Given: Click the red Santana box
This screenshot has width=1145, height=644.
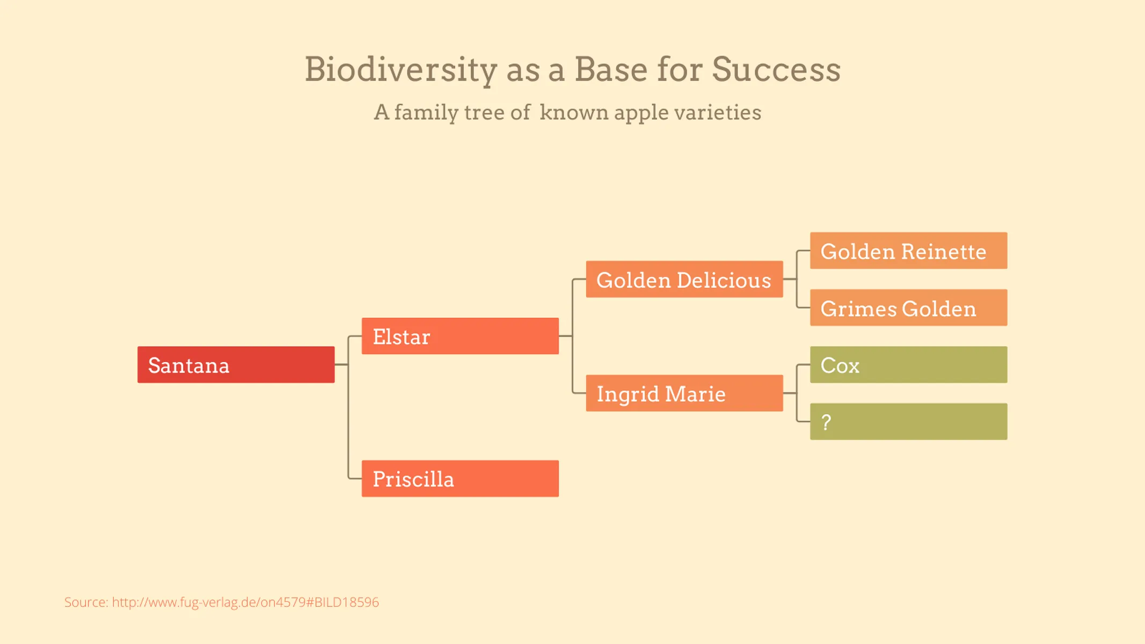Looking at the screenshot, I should point(236,364).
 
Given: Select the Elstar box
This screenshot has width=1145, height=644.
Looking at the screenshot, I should point(460,336).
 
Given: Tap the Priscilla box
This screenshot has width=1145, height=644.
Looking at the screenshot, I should point(460,478).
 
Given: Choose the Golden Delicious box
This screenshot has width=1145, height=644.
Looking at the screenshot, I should point(684,279).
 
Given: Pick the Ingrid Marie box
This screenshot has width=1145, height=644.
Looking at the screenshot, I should point(684,393).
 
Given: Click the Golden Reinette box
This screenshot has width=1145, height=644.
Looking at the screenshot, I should point(908,251).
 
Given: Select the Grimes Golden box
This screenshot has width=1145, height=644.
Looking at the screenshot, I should point(908,308).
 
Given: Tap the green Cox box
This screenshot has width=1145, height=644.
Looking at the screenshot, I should point(908,364).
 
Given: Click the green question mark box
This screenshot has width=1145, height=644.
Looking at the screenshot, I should point(908,421).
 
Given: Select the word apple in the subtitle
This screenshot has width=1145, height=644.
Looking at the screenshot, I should point(641,113).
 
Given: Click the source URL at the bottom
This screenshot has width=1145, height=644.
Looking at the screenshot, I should point(245,602).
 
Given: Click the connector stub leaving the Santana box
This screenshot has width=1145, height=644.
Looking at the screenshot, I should point(341,364).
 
